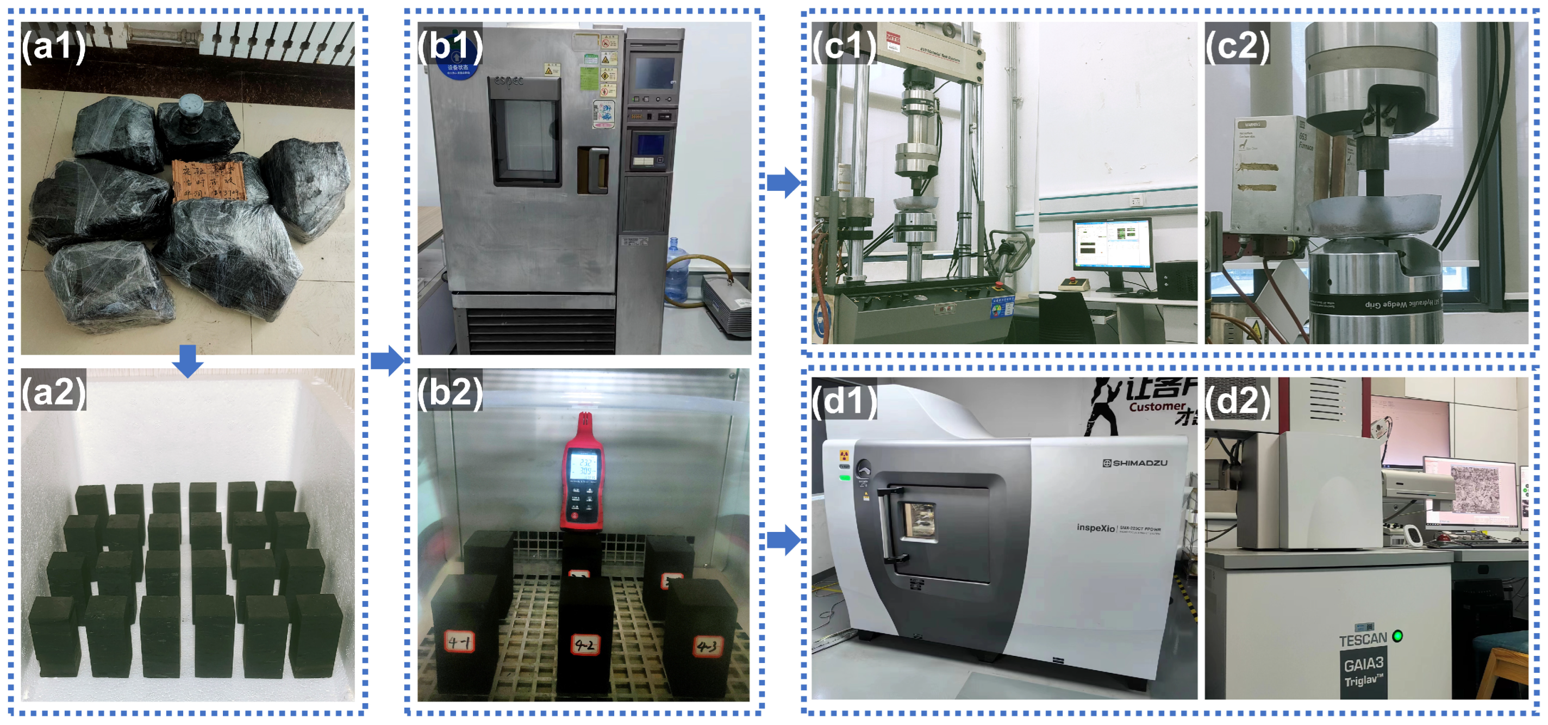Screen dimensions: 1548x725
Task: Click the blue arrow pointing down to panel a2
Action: [x=188, y=361]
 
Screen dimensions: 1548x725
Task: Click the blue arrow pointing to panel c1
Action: [x=784, y=182]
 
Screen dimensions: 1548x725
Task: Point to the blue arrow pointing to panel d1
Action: [x=784, y=540]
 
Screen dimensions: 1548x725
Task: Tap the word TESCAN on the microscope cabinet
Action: [x=1362, y=639]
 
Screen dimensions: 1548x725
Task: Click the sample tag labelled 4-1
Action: [x=460, y=642]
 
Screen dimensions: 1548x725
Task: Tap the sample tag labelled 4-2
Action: [x=585, y=645]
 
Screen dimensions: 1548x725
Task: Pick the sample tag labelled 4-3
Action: [x=707, y=646]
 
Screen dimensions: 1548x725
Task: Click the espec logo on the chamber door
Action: [x=509, y=81]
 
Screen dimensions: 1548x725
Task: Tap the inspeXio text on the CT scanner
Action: [x=1095, y=528]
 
